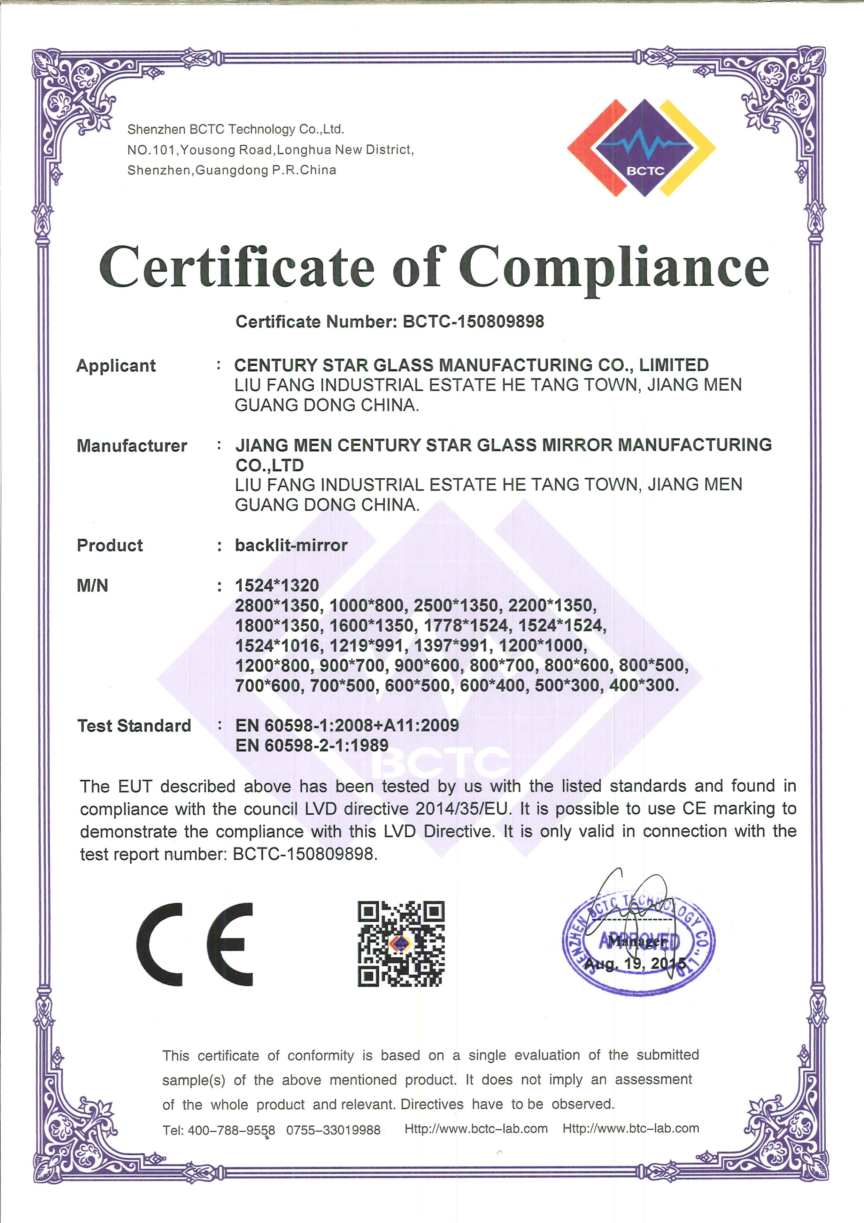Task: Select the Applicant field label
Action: pos(116,366)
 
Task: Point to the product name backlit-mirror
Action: pos(291,546)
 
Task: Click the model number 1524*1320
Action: pos(277,585)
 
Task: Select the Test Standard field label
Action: pos(134,726)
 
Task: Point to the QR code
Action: pos(401,943)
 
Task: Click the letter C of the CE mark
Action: pos(160,944)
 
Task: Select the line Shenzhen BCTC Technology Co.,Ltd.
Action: pos(235,129)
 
